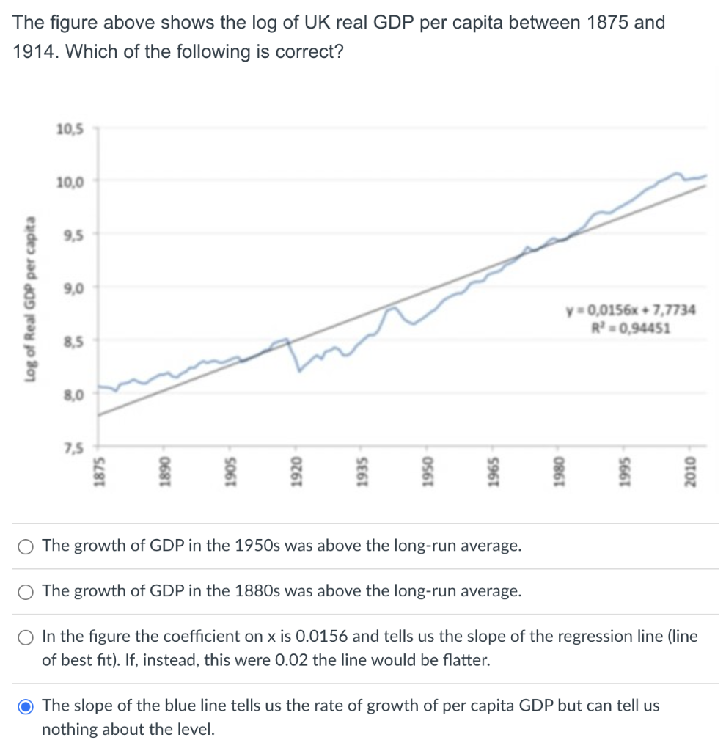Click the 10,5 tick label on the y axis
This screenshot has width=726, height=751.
(x=70, y=129)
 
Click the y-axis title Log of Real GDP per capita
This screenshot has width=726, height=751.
(x=30, y=299)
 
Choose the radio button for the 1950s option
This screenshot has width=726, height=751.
(x=26, y=546)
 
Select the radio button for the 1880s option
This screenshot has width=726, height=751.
(x=26, y=591)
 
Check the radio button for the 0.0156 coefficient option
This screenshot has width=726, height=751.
(x=26, y=637)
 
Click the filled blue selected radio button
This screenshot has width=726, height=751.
(x=26, y=706)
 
